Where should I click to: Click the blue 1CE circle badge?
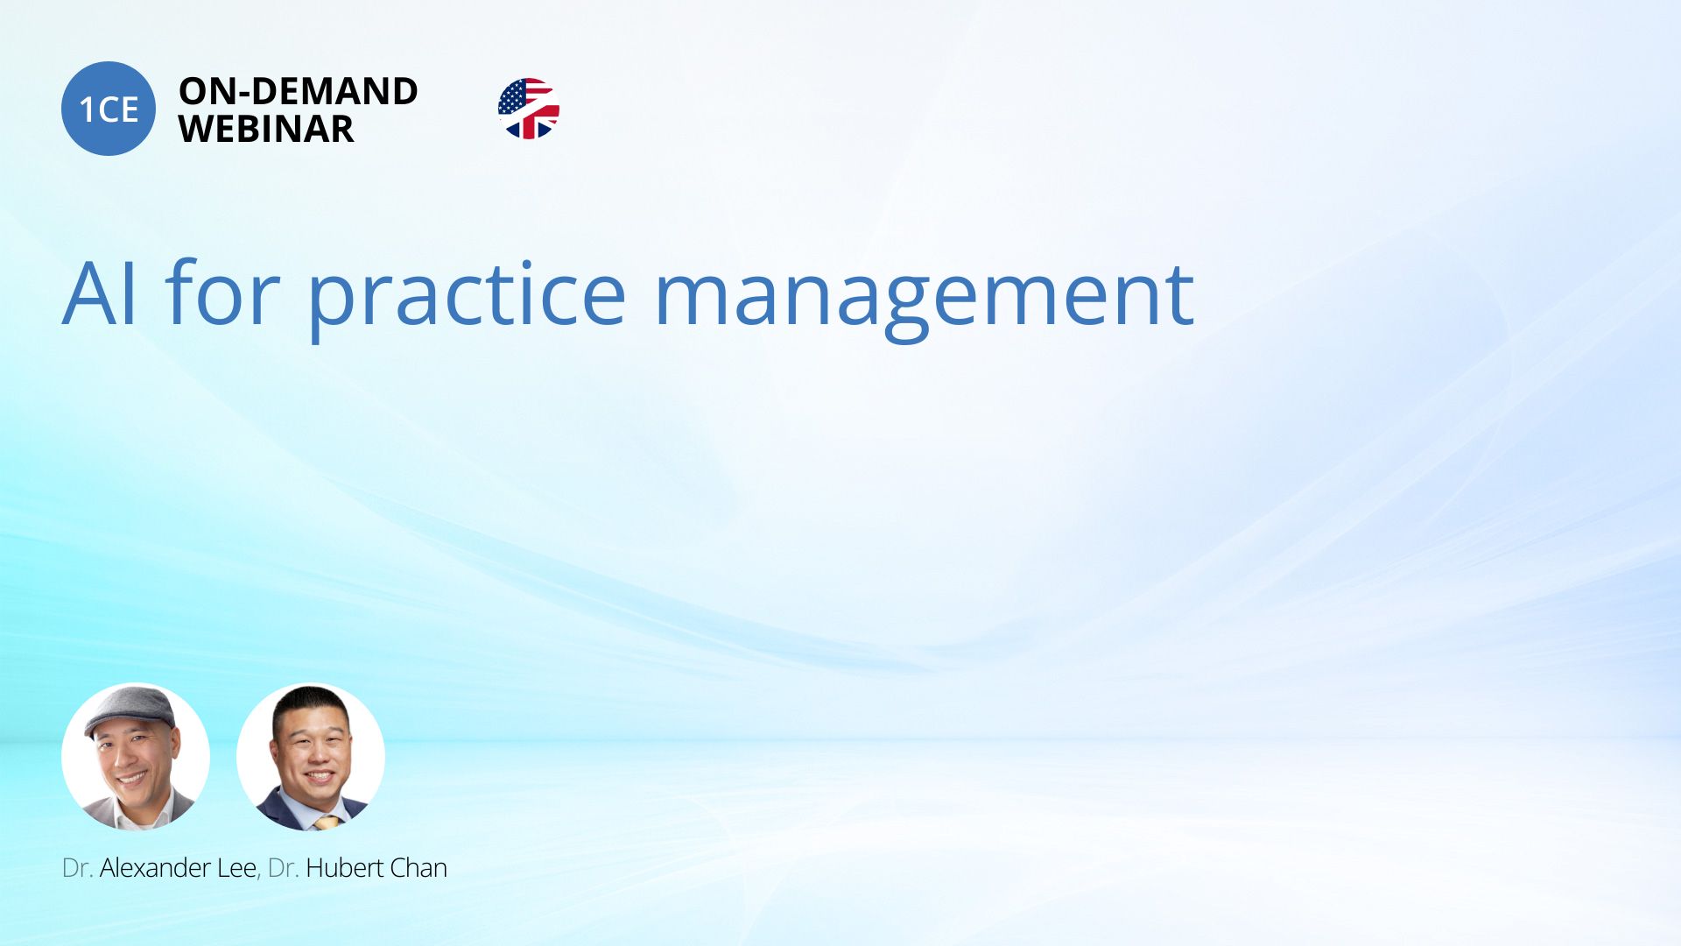tap(109, 109)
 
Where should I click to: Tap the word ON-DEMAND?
tap(298, 91)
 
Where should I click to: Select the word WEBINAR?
tap(266, 129)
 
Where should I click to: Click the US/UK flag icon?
tap(529, 109)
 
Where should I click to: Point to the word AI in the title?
tap(100, 293)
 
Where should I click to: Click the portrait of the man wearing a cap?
tap(136, 757)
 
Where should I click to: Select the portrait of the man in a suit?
tap(311, 757)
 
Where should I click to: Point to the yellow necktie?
tap(327, 822)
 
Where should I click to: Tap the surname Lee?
tap(236, 867)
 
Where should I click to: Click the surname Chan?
tap(418, 867)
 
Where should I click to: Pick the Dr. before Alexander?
tap(78, 868)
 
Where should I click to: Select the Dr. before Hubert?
tap(284, 868)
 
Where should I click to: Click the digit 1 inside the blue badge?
tap(87, 109)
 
